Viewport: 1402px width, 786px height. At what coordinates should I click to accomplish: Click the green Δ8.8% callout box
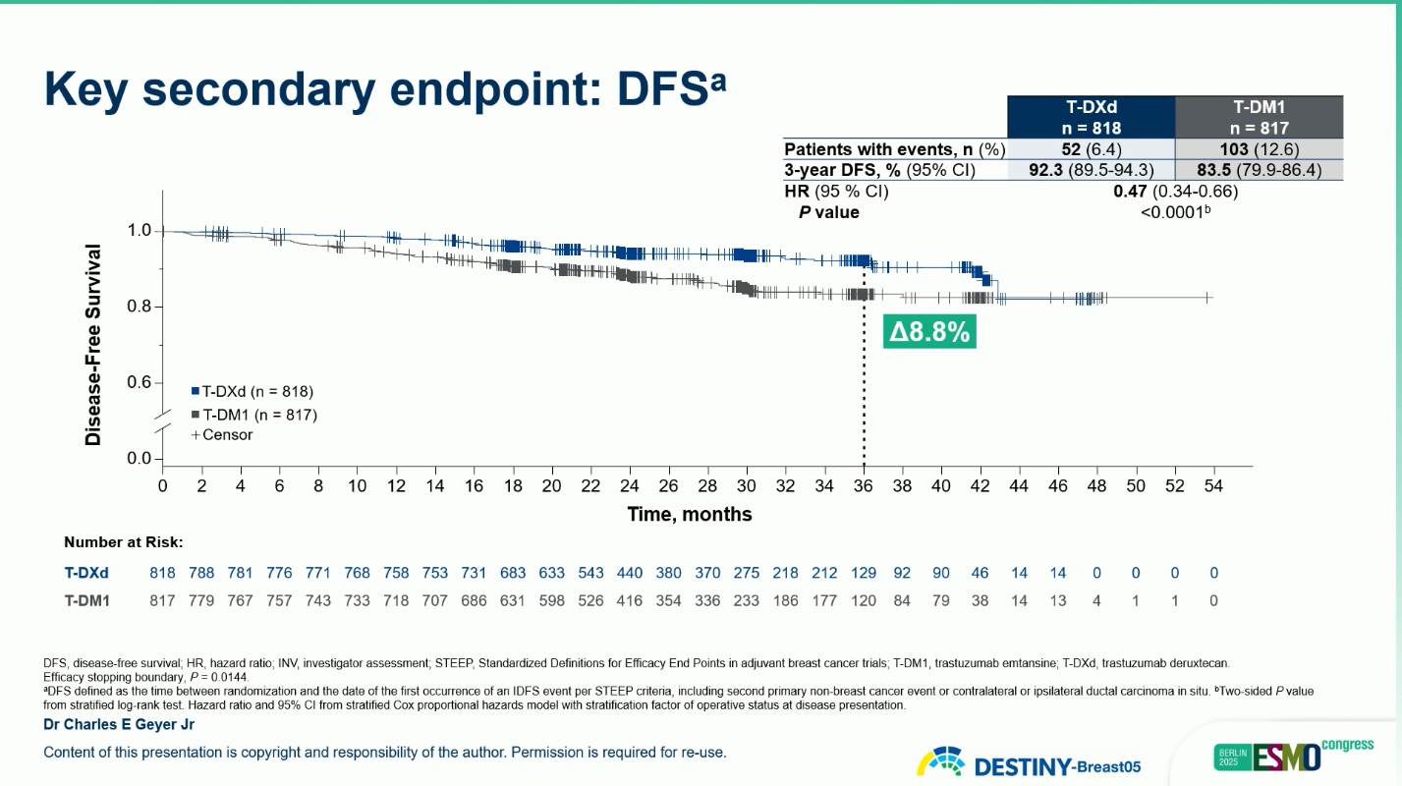[x=929, y=333]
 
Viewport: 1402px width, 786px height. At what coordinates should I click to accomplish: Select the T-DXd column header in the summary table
[x=1094, y=117]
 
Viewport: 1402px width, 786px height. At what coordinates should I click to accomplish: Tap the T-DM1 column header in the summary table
[x=1262, y=117]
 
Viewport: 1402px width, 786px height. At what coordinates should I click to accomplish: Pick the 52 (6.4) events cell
[x=1094, y=149]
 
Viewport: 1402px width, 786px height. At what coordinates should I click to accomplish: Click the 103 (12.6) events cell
[x=1262, y=149]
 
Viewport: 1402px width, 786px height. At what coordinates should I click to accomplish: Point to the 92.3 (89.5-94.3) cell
[x=1094, y=170]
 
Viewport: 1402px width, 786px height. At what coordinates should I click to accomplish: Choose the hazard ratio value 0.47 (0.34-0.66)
[x=1175, y=192]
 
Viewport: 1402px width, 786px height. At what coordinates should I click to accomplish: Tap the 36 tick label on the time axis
[x=864, y=485]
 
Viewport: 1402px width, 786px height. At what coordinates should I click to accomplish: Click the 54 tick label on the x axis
[x=1213, y=485]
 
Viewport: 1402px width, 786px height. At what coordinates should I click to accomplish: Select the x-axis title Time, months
[x=690, y=514]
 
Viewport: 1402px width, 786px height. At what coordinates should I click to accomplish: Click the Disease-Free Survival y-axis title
[x=94, y=346]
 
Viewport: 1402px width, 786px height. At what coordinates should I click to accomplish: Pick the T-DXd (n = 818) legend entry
[x=253, y=391]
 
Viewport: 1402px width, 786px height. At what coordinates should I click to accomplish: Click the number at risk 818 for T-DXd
[x=162, y=573]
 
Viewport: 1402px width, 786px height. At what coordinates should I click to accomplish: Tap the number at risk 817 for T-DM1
[x=162, y=600]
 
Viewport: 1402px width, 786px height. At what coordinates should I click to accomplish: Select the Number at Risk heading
[x=124, y=541]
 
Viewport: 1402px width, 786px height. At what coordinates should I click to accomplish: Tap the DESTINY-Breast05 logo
[x=1030, y=763]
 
